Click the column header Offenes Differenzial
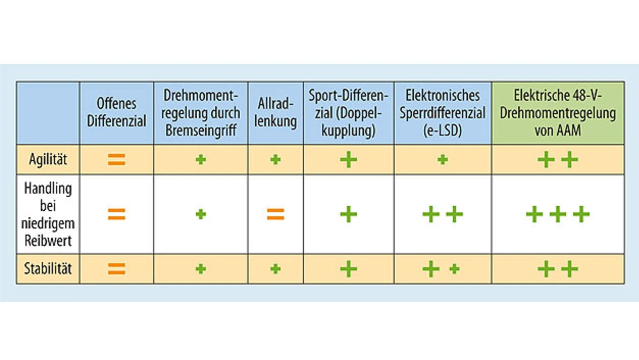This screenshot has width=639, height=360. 116,113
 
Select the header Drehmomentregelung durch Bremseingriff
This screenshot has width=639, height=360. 201,113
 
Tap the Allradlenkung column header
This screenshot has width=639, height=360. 275,113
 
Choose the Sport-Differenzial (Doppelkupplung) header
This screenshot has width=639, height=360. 348,113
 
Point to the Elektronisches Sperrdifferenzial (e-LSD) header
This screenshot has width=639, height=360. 443,113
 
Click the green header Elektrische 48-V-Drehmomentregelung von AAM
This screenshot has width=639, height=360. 558,113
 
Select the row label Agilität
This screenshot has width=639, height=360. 48,160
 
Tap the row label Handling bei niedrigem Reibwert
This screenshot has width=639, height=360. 48,215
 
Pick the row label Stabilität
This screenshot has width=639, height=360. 48,269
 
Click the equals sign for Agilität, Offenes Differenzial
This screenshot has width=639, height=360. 116,160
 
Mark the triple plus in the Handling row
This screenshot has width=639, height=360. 558,215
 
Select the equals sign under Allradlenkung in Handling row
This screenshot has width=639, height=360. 275,215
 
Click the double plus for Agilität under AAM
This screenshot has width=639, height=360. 558,160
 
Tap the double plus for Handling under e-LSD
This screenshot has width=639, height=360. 443,215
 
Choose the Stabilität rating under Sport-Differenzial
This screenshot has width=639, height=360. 348,269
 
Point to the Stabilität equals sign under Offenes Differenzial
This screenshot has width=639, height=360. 116,269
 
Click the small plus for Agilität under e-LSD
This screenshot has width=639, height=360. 442,160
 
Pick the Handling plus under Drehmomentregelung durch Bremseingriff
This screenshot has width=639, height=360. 201,215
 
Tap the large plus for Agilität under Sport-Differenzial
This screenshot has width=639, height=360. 348,160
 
